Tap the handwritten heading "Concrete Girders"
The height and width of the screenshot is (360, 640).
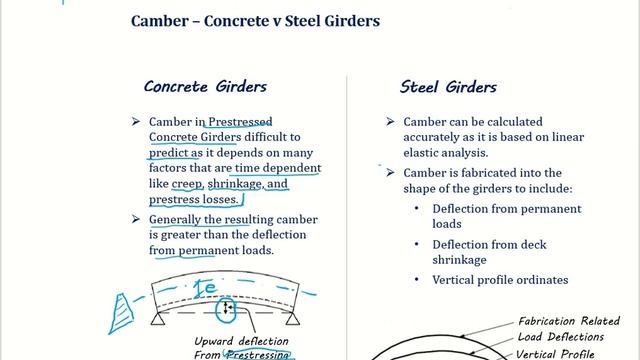click(205, 87)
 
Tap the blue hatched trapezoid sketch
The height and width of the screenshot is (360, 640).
click(120, 312)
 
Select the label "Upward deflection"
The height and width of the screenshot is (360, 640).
click(231, 341)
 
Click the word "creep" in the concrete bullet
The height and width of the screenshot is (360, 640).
click(187, 185)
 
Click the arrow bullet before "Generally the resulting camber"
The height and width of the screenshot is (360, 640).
click(136, 218)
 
